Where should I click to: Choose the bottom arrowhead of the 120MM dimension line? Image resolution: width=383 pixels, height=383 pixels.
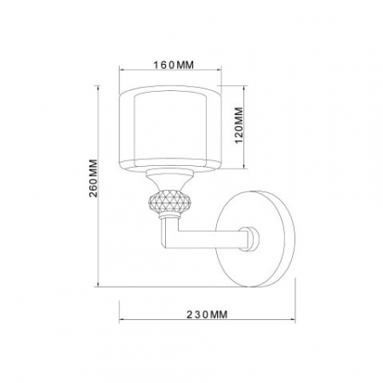[248, 166]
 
